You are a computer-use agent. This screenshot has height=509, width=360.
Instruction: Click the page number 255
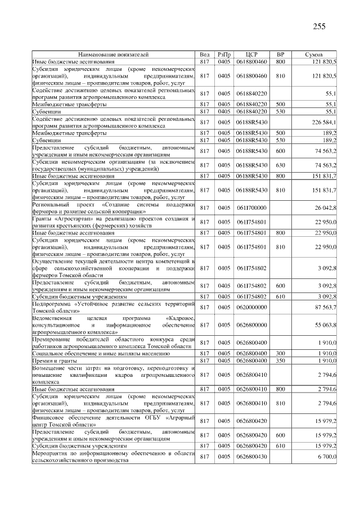(319, 26)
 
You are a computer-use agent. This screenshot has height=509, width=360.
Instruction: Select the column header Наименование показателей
(113, 55)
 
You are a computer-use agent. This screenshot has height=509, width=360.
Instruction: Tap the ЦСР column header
(251, 55)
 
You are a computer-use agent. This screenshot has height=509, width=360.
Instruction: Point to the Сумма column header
(313, 55)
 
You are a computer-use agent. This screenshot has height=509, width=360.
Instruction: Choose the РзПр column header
(224, 55)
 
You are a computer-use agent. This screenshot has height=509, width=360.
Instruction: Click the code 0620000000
(251, 307)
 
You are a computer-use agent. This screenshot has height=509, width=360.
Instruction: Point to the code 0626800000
(251, 325)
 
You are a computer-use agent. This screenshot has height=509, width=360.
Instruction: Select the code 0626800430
(251, 457)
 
